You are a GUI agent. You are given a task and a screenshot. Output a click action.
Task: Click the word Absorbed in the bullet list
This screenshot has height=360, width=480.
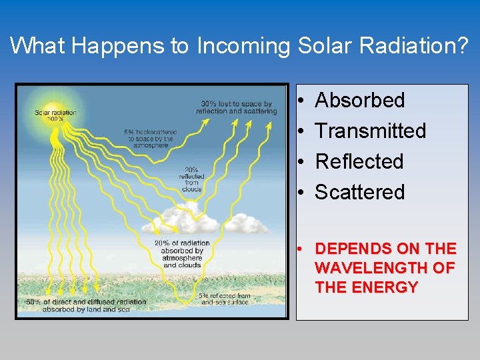359,101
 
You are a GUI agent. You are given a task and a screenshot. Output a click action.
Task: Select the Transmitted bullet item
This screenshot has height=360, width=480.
370,131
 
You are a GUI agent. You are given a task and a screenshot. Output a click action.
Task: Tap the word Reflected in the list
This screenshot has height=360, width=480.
359,162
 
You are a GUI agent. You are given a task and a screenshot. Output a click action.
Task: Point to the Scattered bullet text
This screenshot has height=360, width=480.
359,193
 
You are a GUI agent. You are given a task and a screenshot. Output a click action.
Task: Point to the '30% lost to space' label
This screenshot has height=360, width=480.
236,107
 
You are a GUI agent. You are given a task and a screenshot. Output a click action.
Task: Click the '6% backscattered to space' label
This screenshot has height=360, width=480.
151,138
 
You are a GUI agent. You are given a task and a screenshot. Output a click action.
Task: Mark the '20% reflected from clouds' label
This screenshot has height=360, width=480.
191,179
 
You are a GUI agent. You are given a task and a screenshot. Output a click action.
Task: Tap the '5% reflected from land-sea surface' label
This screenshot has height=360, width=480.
224,299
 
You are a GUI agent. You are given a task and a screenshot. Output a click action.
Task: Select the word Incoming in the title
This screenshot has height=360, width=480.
243,45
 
